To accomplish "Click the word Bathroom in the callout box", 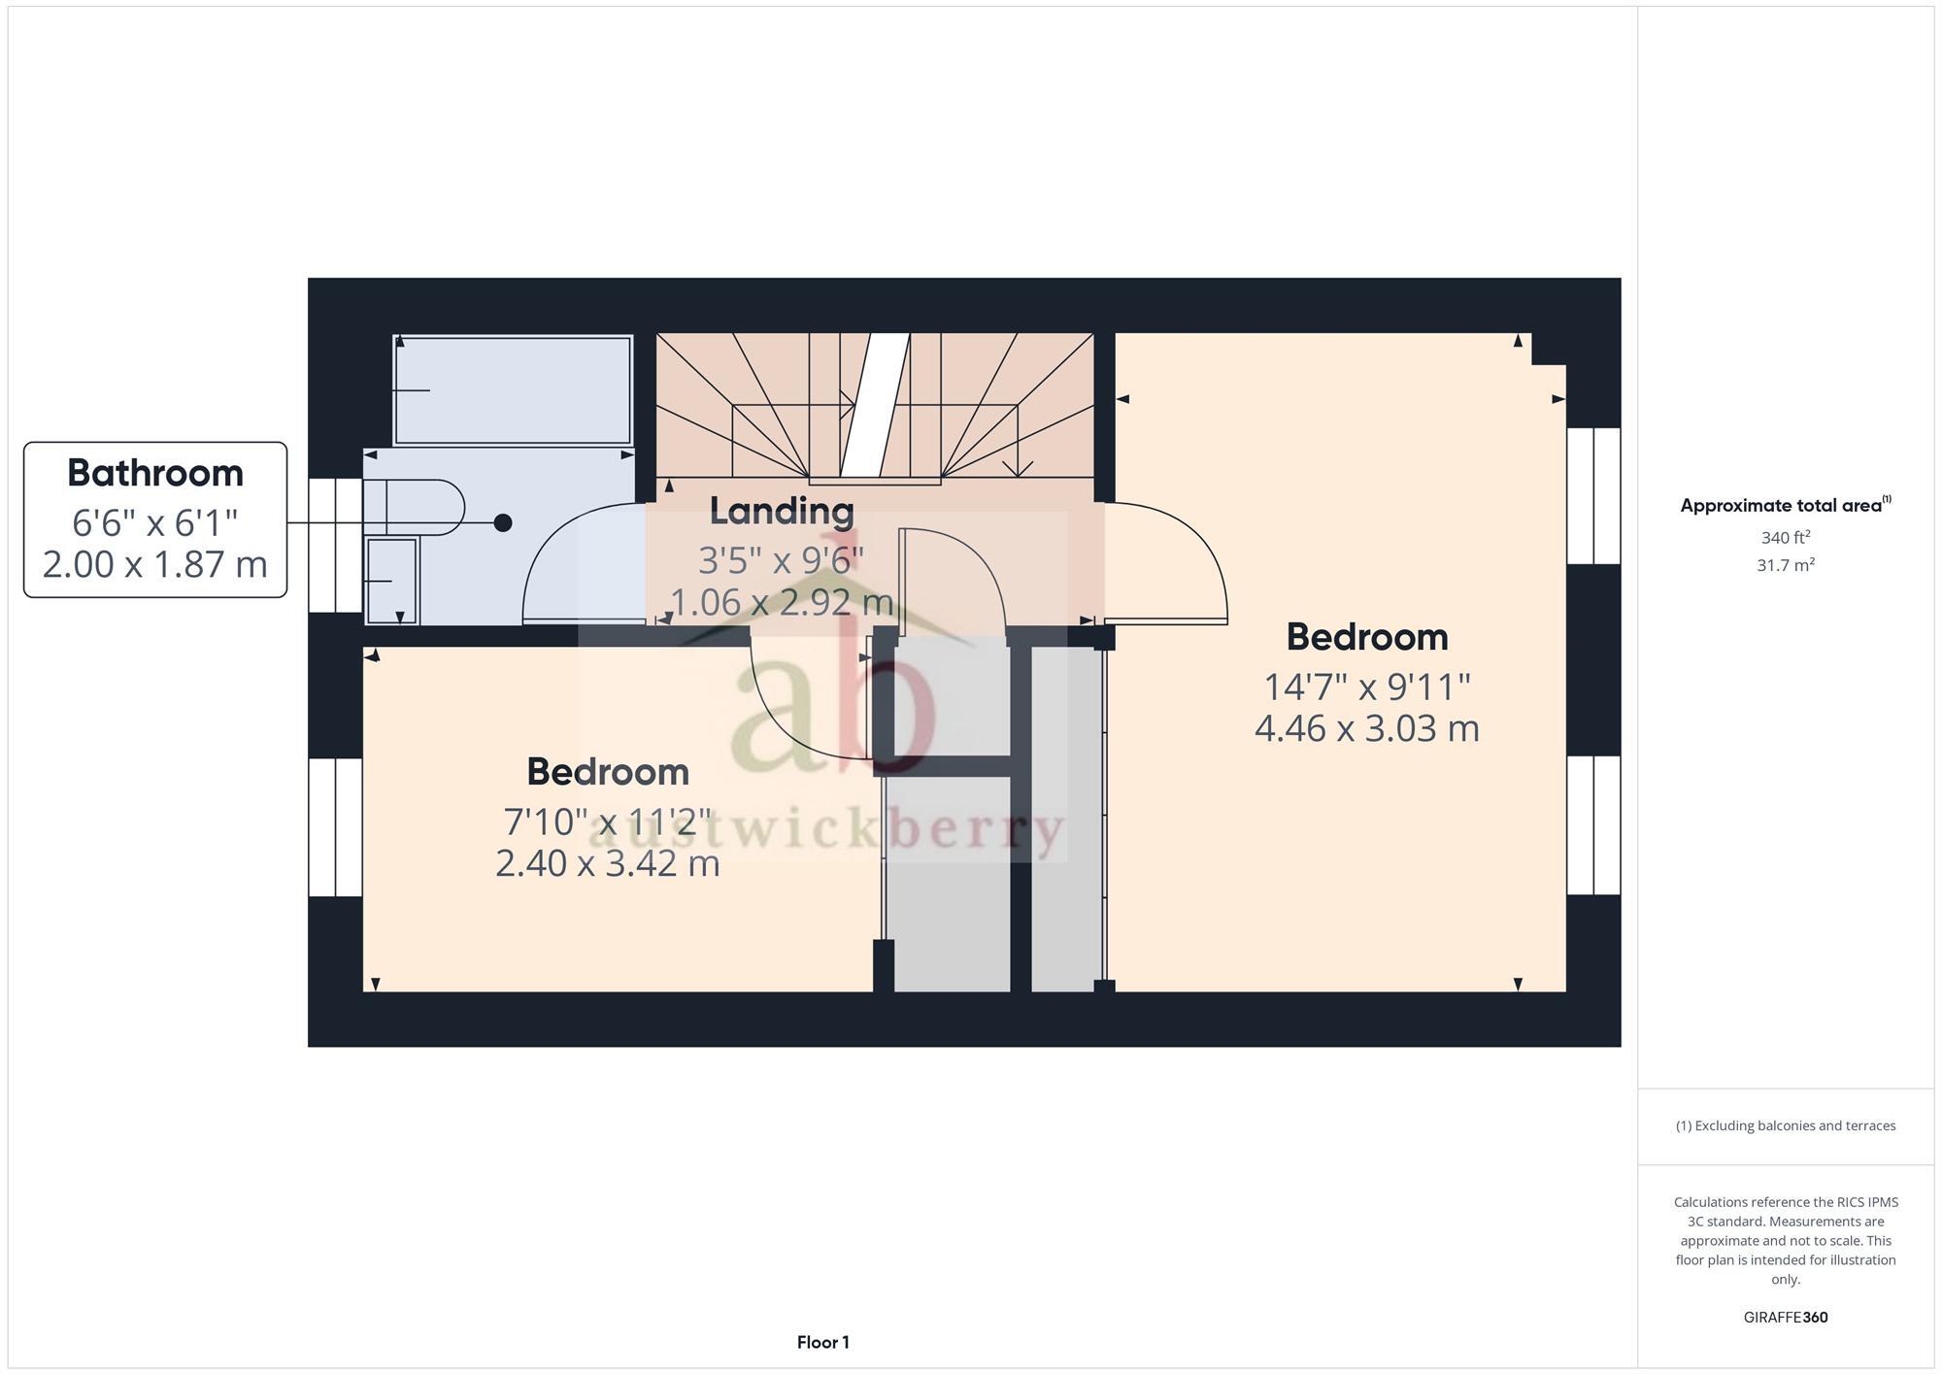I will [155, 474].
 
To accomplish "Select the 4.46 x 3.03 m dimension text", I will [1366, 728].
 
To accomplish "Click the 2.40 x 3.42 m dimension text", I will [608, 863].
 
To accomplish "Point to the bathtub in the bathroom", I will [513, 389].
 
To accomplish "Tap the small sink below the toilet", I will [391, 581].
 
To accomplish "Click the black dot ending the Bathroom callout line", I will [503, 523].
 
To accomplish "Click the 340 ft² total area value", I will [1785, 538].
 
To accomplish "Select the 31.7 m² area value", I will [1785, 565].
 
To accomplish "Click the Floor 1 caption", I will [822, 1343].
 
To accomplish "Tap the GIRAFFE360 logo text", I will [1785, 1318].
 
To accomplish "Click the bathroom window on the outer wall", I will [335, 545].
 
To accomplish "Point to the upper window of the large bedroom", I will [1593, 495].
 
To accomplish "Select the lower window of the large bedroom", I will [1593, 825].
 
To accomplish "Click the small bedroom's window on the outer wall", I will [335, 827].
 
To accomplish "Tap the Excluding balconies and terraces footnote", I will [1785, 1126].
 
